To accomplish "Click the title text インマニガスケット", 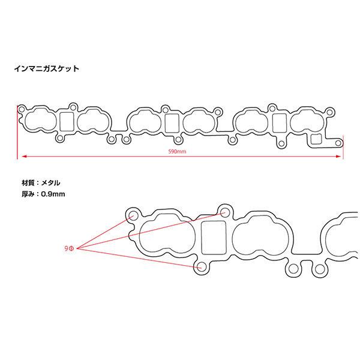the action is point(46,69).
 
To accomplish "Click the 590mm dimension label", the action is point(178,152).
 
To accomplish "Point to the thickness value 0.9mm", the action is point(52,194).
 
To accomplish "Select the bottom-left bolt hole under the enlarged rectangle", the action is point(201,266).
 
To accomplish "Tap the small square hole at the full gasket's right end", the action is point(315,140).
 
